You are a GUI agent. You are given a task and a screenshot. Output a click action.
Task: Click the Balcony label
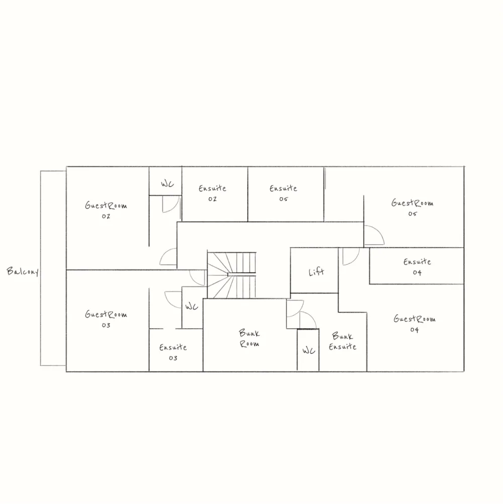point(23,272)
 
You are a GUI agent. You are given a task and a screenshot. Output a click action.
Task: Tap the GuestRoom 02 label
point(106,210)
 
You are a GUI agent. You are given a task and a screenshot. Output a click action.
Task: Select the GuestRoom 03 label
point(106,320)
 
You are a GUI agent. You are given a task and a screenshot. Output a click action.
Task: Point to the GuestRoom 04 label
point(414,324)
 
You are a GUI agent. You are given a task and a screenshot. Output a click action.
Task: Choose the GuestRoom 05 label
point(412,208)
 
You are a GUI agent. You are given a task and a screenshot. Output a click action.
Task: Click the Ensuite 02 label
point(212,193)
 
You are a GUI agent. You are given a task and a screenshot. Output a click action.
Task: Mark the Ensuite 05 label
point(283,193)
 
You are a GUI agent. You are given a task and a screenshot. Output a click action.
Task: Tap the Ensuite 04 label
point(417,267)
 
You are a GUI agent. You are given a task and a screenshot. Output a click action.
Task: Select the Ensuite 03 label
point(173,352)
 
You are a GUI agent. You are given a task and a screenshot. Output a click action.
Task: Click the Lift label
point(316,272)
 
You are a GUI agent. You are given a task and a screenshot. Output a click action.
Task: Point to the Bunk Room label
point(249,338)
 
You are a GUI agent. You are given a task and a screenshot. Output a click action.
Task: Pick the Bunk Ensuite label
point(343,341)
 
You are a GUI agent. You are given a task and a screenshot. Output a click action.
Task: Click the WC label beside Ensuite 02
point(167,185)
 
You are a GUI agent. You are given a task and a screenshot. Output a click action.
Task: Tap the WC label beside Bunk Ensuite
point(308,351)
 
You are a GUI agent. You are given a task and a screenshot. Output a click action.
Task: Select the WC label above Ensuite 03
point(191,307)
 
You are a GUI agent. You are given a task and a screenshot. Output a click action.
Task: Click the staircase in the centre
point(232,274)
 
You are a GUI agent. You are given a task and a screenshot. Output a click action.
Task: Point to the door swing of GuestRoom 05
point(373,236)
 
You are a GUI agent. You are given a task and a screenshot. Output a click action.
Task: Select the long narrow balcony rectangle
point(53,268)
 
